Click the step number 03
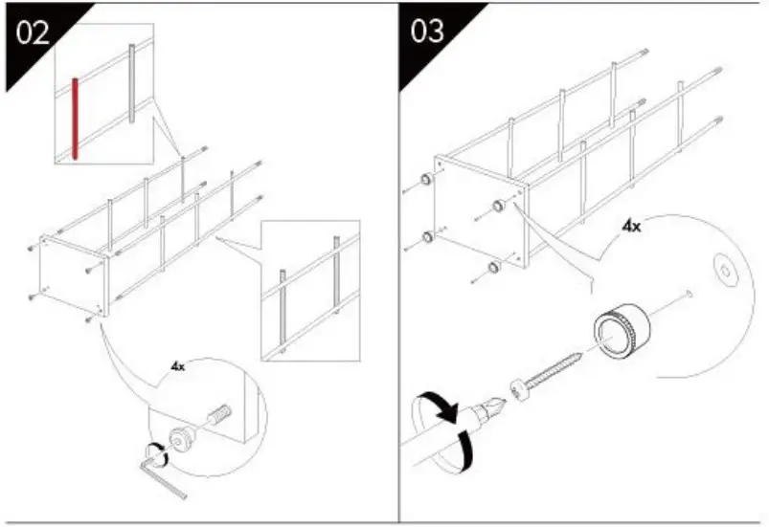click(x=427, y=31)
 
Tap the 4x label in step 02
click(x=178, y=366)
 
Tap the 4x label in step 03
click(x=631, y=227)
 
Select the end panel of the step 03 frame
click(x=478, y=210)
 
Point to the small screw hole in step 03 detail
click(x=689, y=292)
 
